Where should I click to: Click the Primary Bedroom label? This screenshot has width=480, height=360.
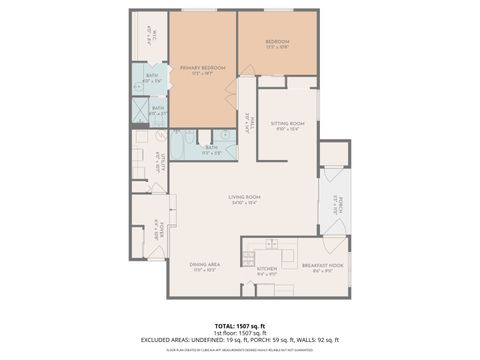[x=203, y=69]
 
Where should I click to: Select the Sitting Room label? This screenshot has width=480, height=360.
[x=290, y=124]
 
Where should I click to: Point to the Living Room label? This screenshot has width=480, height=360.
[x=245, y=199]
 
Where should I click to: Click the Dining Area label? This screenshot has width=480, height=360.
[x=205, y=267]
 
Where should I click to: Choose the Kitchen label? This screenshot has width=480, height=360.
[x=267, y=269]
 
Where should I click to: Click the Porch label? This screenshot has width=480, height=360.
[x=337, y=205]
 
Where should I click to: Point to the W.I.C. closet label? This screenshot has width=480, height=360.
[x=148, y=34]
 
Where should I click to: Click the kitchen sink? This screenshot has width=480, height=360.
[x=269, y=246]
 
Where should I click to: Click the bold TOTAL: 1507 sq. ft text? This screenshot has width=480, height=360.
[x=240, y=326]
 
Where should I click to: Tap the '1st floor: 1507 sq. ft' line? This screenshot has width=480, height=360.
[x=240, y=333]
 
